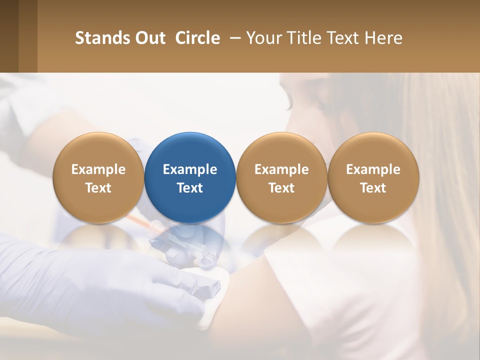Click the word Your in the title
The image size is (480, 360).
[263, 38]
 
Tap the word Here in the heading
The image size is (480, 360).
[384, 38]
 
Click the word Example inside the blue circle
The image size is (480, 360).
[190, 169]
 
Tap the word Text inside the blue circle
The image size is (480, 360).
[190, 188]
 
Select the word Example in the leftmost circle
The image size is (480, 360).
[98, 169]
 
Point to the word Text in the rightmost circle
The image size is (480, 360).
[373, 188]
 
